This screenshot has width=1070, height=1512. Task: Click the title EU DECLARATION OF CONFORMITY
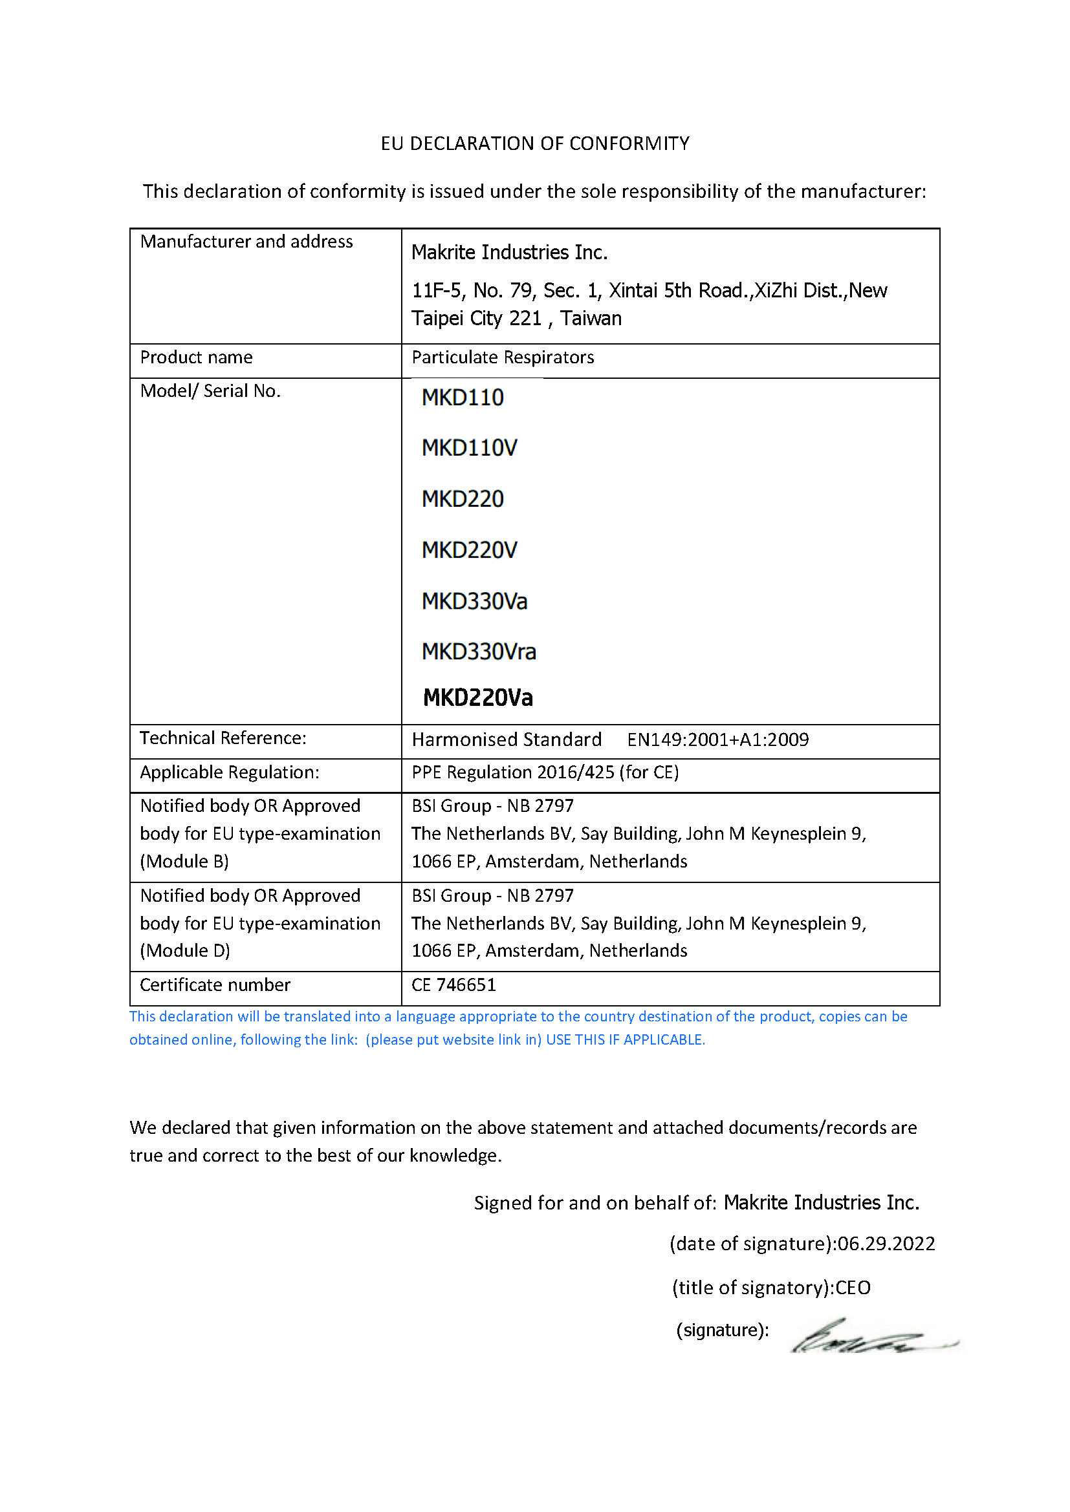point(535,144)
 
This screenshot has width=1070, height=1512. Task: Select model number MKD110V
point(469,449)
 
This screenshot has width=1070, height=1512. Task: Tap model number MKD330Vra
point(478,652)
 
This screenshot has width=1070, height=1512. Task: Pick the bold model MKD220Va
point(477,698)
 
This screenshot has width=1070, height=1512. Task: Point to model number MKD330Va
point(474,601)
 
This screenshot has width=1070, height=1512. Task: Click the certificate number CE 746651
point(453,985)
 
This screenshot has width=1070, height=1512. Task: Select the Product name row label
point(197,357)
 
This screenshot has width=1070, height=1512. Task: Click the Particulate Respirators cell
point(503,357)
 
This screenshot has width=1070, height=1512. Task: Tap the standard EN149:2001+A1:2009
point(717,740)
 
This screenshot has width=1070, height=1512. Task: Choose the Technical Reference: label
point(223,738)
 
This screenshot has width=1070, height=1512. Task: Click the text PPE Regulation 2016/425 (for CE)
point(545,772)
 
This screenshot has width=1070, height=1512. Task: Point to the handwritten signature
point(869,1337)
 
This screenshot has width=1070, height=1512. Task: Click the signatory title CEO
point(853,1288)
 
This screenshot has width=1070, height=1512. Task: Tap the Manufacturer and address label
point(246,242)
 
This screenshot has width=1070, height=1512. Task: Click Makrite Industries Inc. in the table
point(509,252)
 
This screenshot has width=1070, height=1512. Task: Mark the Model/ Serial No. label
point(210,391)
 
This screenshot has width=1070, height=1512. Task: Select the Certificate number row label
point(215,985)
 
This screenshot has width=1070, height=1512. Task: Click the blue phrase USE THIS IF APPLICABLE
point(626,1040)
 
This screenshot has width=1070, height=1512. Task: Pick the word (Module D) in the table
point(185,951)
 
